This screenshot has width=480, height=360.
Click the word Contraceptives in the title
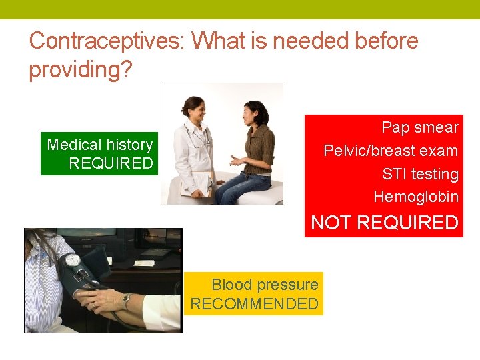tap(107, 41)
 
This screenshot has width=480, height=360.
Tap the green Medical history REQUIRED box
tap(99, 154)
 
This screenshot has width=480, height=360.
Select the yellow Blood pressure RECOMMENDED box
tap(253, 294)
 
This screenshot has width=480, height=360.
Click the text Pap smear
tap(419, 127)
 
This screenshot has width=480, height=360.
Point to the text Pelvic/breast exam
tap(391, 151)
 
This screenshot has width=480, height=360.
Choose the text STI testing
tap(420, 174)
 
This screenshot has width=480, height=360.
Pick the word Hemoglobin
tap(416, 197)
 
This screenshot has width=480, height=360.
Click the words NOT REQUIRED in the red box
tap(385, 223)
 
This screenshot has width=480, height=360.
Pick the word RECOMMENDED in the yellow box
tap(254, 304)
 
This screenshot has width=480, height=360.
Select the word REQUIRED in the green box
tap(111, 164)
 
